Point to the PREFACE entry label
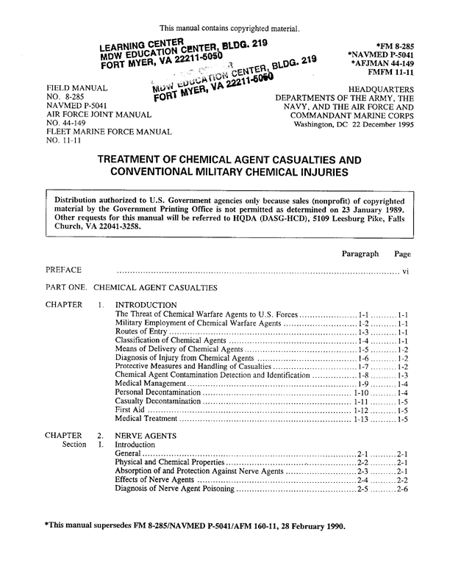click(63, 270)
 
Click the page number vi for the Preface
click(405, 271)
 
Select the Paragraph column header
click(360, 254)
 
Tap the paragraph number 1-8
click(362, 376)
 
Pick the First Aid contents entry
click(132, 410)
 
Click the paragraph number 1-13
click(360, 420)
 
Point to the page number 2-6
click(402, 489)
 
